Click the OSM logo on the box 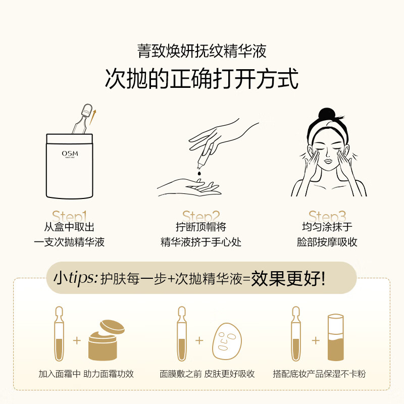(70, 154)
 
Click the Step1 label (69, 216)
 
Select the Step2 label (201, 216)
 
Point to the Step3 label (327, 216)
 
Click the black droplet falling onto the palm (199, 173)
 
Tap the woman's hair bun (327, 114)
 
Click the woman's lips (328, 161)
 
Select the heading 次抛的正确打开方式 (201, 79)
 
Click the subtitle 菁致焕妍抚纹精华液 (201, 51)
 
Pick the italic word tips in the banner (83, 278)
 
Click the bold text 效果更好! (288, 278)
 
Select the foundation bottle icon (336, 337)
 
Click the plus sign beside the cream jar (77, 340)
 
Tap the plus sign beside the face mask (199, 340)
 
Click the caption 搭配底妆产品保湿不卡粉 (319, 374)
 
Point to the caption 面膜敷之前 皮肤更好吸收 (207, 374)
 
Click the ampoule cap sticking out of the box (86, 110)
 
